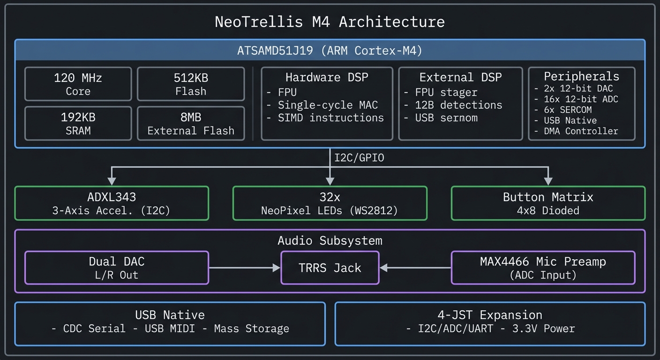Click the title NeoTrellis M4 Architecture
[330, 22]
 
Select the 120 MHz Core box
[78, 84]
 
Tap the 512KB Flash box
[190, 84]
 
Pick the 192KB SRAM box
[78, 123]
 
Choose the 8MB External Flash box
[190, 123]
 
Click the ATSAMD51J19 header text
[330, 51]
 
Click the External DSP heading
[460, 77]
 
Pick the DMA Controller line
[581, 131]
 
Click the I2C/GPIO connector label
[359, 158]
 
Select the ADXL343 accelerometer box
[112, 203]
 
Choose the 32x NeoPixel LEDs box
[330, 203]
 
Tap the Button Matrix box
[547, 203]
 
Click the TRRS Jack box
[330, 268]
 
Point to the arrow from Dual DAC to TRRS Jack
[244, 268]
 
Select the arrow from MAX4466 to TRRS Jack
[415, 268]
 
